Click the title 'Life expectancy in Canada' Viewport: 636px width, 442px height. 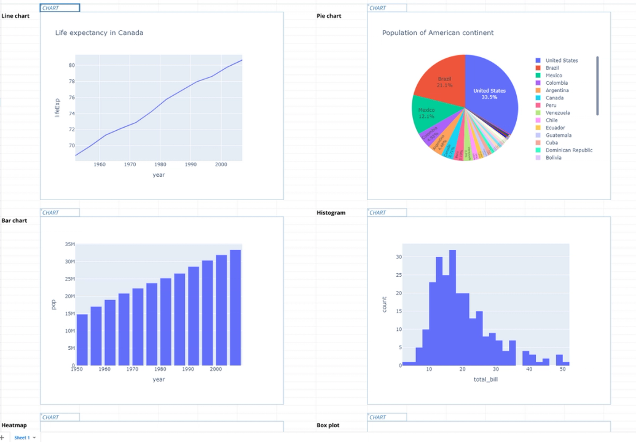[x=99, y=33]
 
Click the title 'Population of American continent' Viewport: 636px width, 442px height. [x=438, y=33]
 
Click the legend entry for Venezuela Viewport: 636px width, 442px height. [x=557, y=113]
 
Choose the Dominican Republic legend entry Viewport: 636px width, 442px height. [x=568, y=150]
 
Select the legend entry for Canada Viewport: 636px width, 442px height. [x=554, y=98]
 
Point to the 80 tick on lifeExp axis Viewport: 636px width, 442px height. [x=71, y=65]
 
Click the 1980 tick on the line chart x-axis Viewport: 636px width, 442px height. [x=160, y=165]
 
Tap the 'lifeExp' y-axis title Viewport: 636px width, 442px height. [x=57, y=108]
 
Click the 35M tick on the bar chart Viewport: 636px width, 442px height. [x=69, y=244]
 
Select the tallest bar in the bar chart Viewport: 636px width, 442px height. [x=235, y=307]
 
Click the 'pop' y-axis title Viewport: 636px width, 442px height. [x=53, y=304]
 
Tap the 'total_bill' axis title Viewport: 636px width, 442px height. [x=485, y=379]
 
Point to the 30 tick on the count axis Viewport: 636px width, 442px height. [x=398, y=257]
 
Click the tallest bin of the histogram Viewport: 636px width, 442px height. [x=452, y=307]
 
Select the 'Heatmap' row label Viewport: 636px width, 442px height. [x=14, y=425]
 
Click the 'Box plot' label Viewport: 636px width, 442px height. [x=328, y=425]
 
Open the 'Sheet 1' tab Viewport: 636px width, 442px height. [x=22, y=438]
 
